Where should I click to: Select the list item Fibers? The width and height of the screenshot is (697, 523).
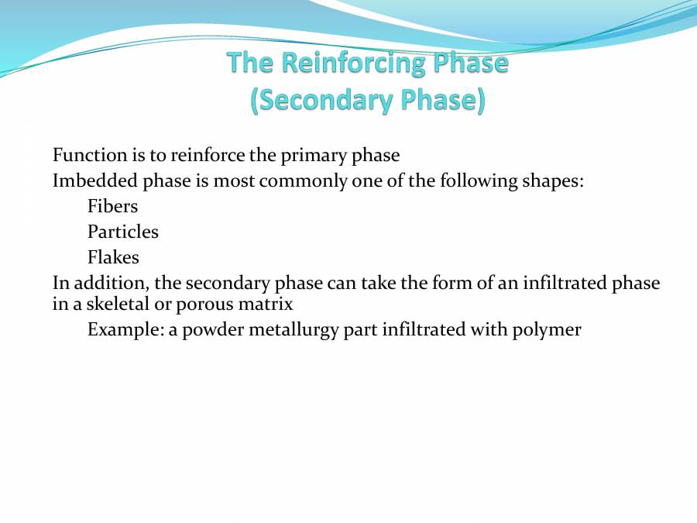pos(112,206)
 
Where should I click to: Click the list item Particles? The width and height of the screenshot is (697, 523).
pos(122,232)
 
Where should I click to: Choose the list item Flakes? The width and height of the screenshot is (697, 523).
pos(113,257)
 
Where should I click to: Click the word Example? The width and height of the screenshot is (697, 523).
pos(121,329)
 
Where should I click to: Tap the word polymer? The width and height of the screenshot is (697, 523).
pos(546,329)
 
